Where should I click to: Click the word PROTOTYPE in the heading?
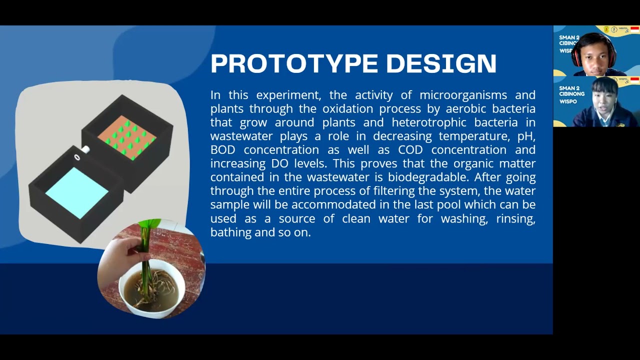(x=295, y=63)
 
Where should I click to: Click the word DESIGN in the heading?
(x=441, y=63)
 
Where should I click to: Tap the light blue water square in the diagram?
(x=77, y=192)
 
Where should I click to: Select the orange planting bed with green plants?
(x=127, y=137)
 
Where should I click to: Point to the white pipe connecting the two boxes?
(x=84, y=149)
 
